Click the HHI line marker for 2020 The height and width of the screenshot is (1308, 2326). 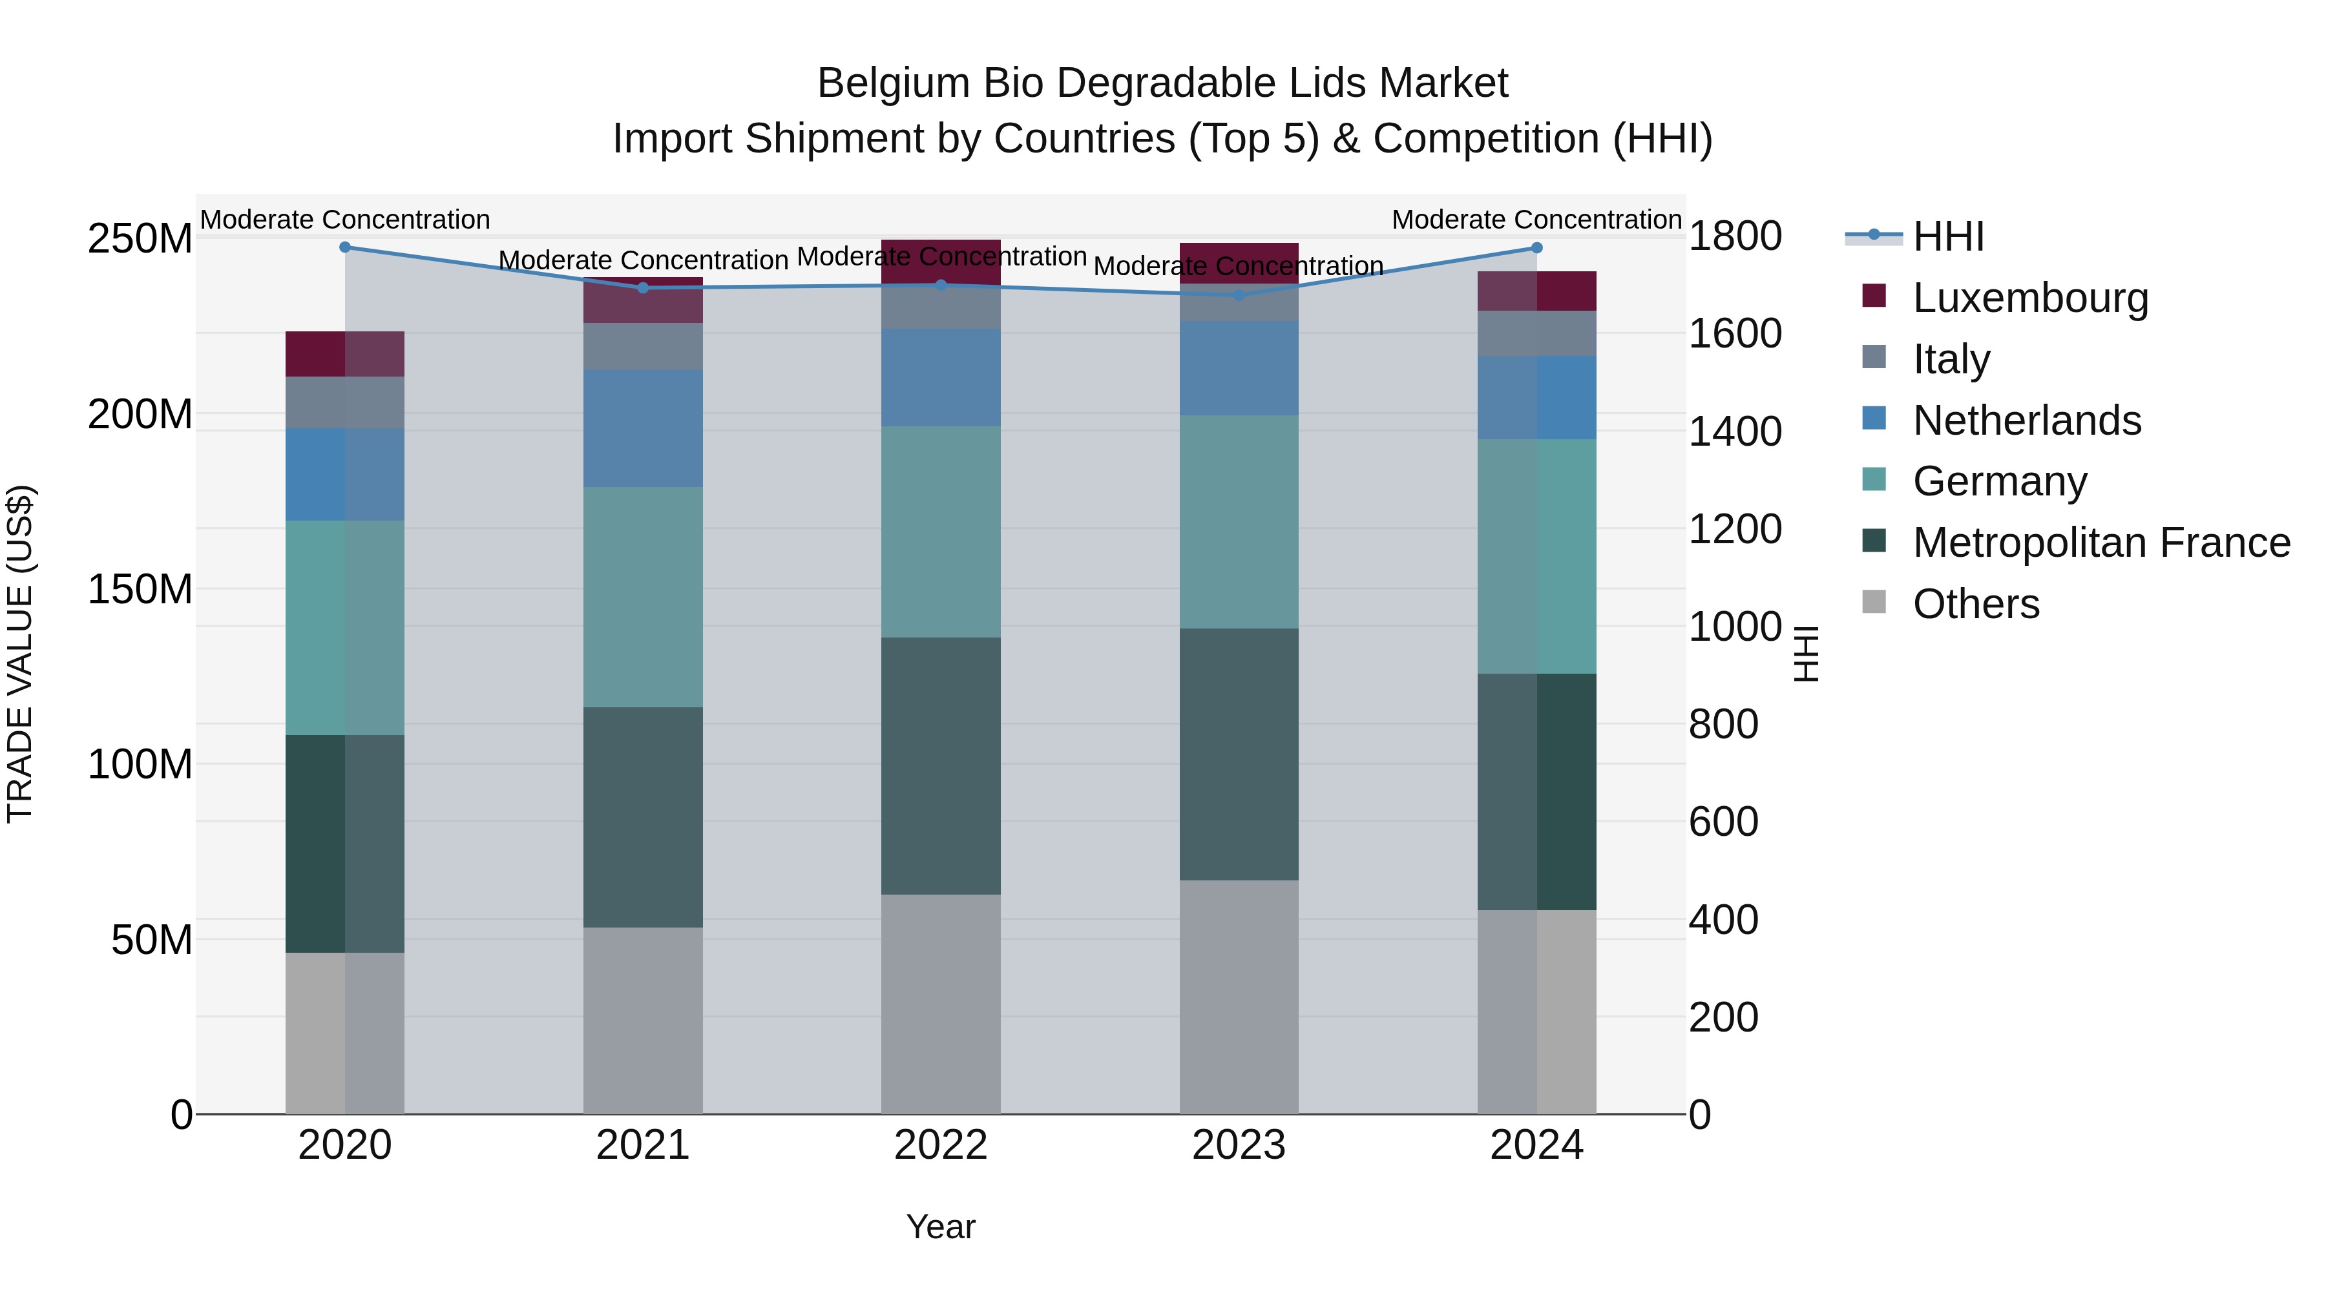coord(345,247)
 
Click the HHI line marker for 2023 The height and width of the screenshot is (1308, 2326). coord(1239,295)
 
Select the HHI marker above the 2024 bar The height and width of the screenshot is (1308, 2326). coord(1537,247)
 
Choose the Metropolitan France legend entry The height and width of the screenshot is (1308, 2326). coord(2101,543)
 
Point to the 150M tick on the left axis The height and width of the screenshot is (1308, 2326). coord(140,590)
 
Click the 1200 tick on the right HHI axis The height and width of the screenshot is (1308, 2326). coord(1735,529)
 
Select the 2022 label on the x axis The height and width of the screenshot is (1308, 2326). coord(941,1145)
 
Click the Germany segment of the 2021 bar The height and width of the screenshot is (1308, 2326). coord(643,597)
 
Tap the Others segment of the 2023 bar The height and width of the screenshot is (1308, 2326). coord(1239,997)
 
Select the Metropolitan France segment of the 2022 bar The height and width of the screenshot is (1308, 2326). coord(941,765)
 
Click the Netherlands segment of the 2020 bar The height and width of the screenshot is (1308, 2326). coord(345,475)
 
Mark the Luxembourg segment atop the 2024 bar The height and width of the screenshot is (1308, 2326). coord(1537,291)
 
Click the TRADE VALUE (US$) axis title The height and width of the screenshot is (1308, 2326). coord(20,654)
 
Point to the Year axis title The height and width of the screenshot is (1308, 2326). coord(941,1227)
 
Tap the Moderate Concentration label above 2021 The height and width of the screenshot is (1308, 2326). coord(643,260)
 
